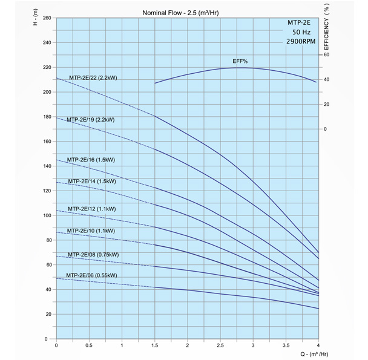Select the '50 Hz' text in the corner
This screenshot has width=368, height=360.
click(x=300, y=32)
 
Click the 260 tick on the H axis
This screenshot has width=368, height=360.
click(x=46, y=18)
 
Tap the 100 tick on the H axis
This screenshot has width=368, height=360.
click(x=46, y=215)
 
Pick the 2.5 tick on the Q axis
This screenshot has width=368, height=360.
click(x=220, y=345)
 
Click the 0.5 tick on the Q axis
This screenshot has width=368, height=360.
click(x=88, y=345)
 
